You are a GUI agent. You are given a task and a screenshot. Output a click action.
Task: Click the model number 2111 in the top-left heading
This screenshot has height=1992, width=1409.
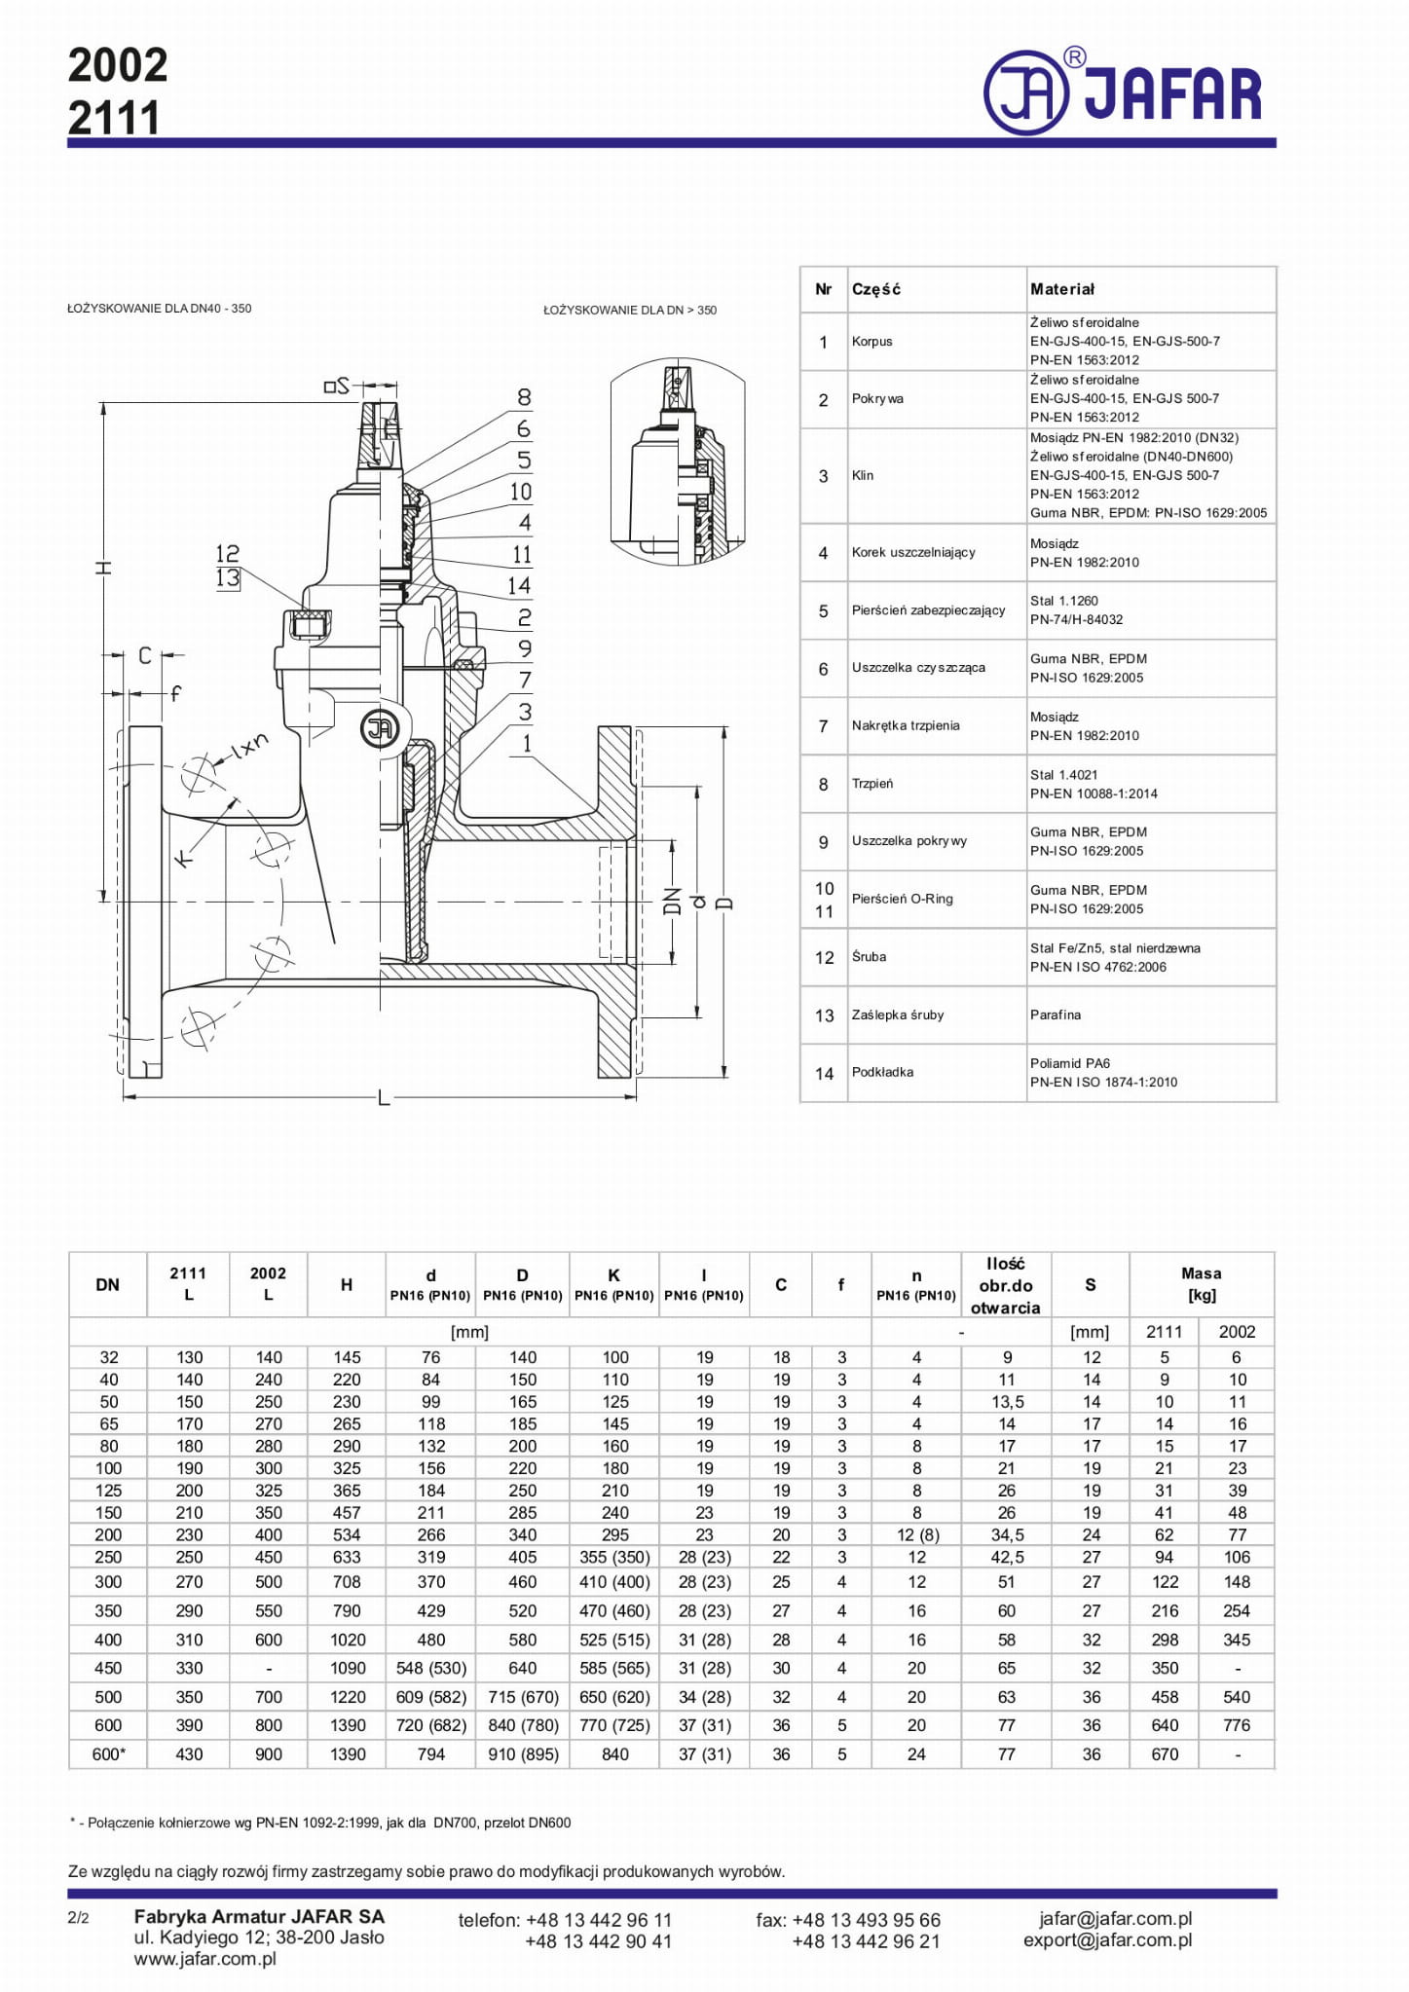pyautogui.click(x=114, y=119)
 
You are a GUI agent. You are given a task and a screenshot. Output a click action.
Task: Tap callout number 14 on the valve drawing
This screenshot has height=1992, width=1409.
pyautogui.click(x=518, y=585)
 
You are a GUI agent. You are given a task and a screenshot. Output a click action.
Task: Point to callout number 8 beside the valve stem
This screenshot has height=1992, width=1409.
pyautogui.click(x=524, y=397)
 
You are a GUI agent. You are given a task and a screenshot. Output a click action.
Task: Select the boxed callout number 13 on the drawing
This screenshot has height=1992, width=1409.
pyautogui.click(x=228, y=577)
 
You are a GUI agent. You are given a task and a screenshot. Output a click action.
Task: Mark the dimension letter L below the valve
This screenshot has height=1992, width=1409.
pyautogui.click(x=385, y=1098)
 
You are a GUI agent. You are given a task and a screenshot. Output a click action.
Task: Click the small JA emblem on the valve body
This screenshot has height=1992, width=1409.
pyautogui.click(x=379, y=727)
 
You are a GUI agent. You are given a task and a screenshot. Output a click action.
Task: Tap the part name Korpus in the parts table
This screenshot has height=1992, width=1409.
pyautogui.click(x=871, y=342)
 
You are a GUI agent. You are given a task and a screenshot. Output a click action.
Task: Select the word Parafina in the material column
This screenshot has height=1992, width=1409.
pyautogui.click(x=1056, y=1014)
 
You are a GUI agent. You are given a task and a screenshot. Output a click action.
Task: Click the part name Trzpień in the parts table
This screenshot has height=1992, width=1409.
pyautogui.click(x=871, y=784)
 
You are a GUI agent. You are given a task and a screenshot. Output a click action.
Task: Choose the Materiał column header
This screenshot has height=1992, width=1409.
pyautogui.click(x=1062, y=289)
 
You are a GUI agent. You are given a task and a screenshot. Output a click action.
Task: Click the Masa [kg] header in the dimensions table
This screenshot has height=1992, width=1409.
pyautogui.click(x=1201, y=1284)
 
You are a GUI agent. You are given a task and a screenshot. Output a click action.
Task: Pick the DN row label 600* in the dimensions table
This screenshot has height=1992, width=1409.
pyautogui.click(x=108, y=1754)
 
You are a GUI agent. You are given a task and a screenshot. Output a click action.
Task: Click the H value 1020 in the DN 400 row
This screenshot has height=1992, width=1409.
pyautogui.click(x=347, y=1640)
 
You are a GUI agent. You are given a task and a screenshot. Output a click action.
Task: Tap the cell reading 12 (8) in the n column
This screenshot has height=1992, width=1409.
pyautogui.click(x=916, y=1535)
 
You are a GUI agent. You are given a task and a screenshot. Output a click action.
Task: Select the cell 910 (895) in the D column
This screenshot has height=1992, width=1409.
pyautogui.click(x=523, y=1754)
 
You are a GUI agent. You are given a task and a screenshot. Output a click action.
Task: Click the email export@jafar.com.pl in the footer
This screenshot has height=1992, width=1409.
pyautogui.click(x=1107, y=1939)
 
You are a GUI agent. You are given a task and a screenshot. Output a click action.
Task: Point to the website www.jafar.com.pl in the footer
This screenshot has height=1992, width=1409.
pyautogui.click(x=205, y=1959)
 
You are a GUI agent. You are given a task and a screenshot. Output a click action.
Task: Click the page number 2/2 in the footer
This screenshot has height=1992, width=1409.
pyautogui.click(x=78, y=1918)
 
